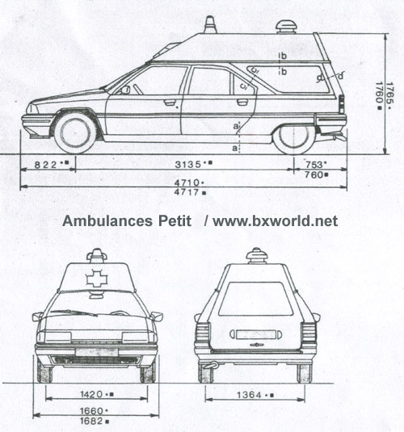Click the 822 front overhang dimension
tap(46, 165)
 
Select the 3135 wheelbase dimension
tap(188, 165)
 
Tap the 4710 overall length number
tap(187, 182)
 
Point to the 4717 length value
tap(187, 192)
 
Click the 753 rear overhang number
tap(314, 165)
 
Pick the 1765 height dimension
tap(389, 93)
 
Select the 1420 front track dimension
tap(92, 394)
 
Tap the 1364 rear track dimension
tap(249, 395)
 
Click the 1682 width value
tap(91, 421)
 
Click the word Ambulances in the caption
tap(107, 221)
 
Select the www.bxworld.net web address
tap(276, 221)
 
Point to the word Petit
tap(175, 221)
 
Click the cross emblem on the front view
tap(97, 279)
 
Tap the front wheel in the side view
tap(75, 133)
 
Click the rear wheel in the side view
tap(294, 139)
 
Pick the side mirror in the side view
tap(125, 90)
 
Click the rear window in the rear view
tap(255, 299)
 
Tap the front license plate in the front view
tap(96, 352)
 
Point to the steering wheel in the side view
tap(138, 89)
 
